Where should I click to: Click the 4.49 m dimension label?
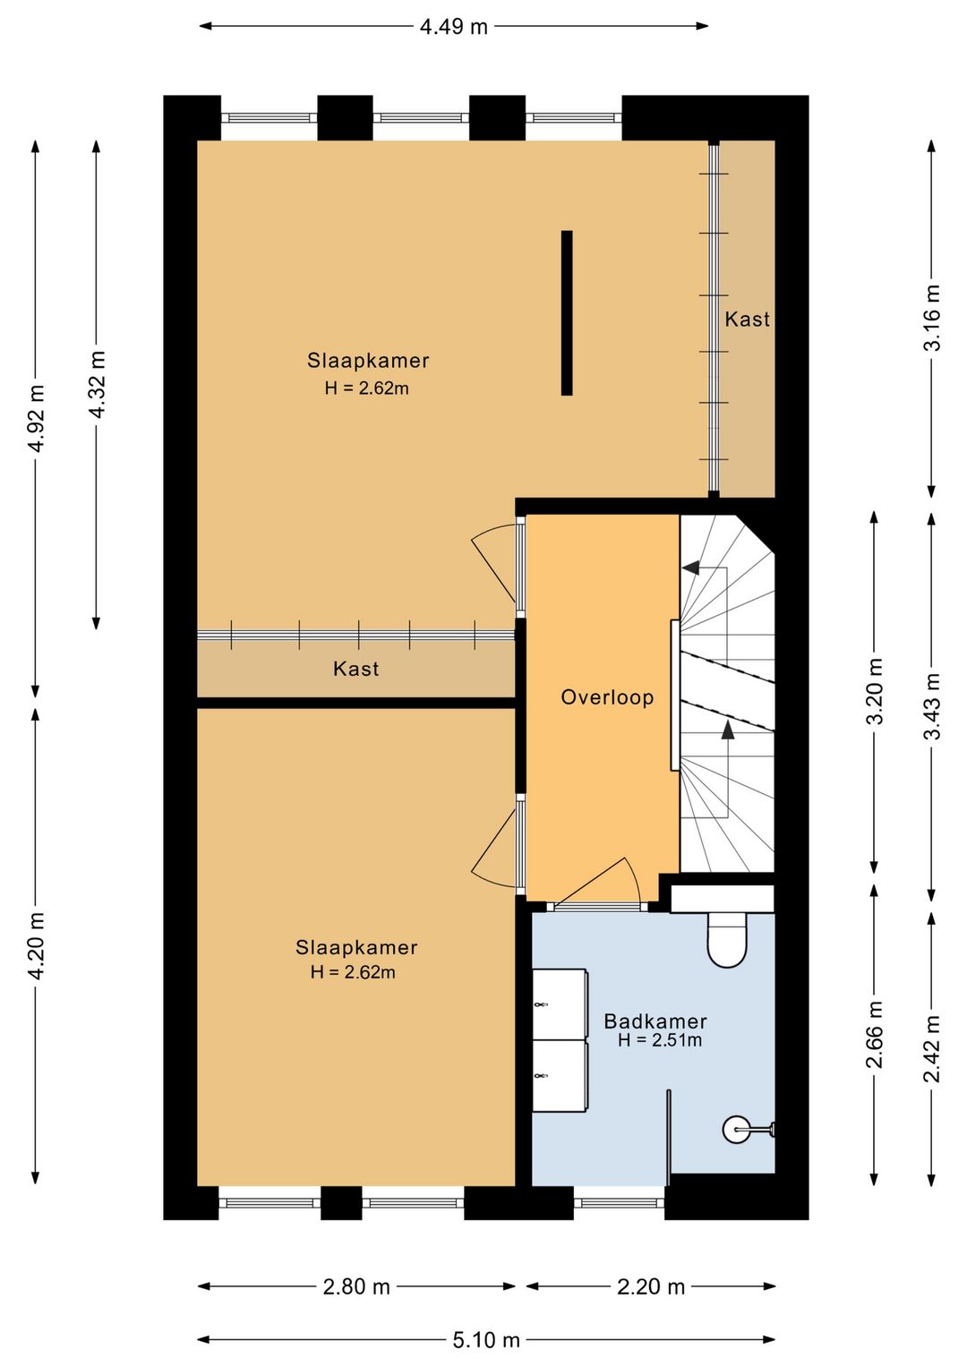(453, 27)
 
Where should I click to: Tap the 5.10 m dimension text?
(486, 1339)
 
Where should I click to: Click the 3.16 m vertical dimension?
(931, 318)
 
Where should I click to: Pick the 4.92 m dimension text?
(36, 418)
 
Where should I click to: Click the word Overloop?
(607, 697)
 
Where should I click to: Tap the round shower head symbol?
(736, 1130)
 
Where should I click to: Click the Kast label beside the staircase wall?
(747, 319)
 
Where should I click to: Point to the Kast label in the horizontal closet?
(355, 669)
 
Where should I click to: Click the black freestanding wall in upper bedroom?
(567, 312)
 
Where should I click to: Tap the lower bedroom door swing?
(495, 845)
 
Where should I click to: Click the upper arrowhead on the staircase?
(690, 568)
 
